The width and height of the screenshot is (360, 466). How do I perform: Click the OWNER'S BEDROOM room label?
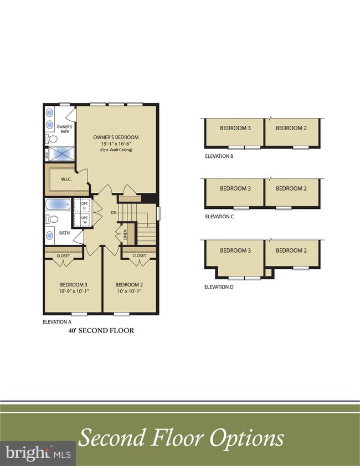click(116, 137)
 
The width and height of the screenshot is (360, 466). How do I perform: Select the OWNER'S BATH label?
click(64, 129)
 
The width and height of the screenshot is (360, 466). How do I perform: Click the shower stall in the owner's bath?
click(61, 153)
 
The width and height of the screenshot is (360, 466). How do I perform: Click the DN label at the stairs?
click(114, 212)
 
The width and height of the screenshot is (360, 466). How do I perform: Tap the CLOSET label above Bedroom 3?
click(63, 256)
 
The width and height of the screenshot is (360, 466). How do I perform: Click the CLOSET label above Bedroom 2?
click(140, 256)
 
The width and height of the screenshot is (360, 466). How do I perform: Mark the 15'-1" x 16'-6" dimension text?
click(116, 144)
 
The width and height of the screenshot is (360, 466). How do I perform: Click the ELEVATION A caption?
click(57, 321)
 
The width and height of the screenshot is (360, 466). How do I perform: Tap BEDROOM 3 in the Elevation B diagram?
click(235, 128)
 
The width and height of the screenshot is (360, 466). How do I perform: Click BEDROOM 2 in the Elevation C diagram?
click(291, 188)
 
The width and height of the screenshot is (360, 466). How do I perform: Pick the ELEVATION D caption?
click(219, 287)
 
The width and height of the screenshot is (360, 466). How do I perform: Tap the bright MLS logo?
click(38, 453)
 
